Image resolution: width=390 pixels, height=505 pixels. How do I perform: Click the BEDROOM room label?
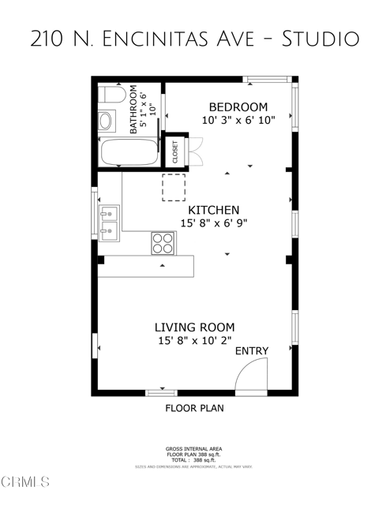(237, 107)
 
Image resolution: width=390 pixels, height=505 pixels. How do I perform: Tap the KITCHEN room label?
(213, 211)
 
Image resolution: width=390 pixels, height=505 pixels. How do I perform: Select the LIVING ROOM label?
(194, 327)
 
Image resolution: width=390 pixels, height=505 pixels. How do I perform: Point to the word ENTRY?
(252, 351)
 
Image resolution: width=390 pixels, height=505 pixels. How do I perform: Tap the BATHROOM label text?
(134, 115)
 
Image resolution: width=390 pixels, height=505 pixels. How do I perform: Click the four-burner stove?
(163, 243)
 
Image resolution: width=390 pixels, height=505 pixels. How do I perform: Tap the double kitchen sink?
(109, 223)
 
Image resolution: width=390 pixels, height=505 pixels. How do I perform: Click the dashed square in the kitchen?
(173, 187)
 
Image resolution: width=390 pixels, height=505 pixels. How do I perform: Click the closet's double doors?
(195, 148)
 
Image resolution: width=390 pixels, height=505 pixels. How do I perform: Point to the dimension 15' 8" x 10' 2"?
(194, 341)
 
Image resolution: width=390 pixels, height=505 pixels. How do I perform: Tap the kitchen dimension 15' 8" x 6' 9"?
(213, 224)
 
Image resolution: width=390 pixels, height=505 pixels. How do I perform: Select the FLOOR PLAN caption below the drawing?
(194, 409)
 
